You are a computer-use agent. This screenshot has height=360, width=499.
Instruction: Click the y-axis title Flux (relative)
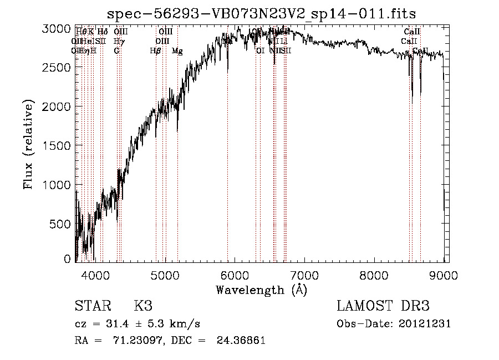28,144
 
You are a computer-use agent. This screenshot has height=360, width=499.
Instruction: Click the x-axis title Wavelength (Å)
261,290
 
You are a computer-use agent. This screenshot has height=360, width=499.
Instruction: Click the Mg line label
177,51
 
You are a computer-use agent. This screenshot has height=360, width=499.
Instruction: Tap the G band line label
116,51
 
